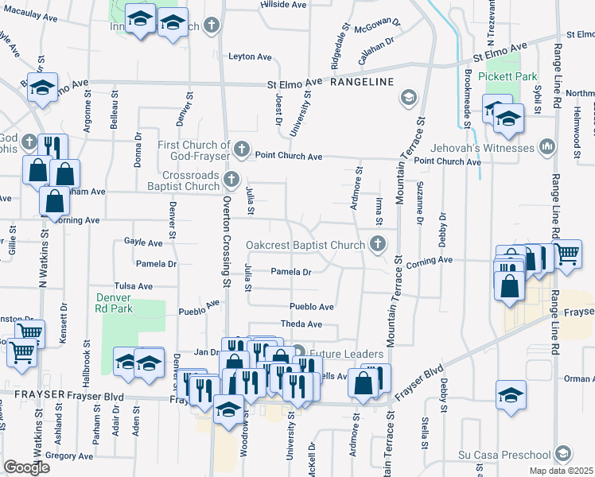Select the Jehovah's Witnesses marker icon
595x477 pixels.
[547, 147]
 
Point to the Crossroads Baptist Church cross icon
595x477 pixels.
[231, 179]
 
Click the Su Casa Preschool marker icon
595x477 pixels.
[562, 454]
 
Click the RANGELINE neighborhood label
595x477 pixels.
[362, 82]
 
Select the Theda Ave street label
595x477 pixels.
[301, 324]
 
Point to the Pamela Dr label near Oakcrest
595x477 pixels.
[290, 272]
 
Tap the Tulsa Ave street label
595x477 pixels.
[133, 285]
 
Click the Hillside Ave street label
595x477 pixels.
[283, 5]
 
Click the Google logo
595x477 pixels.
[26, 467]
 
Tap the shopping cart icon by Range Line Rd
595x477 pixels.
[567, 255]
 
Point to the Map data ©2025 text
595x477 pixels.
[561, 471]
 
